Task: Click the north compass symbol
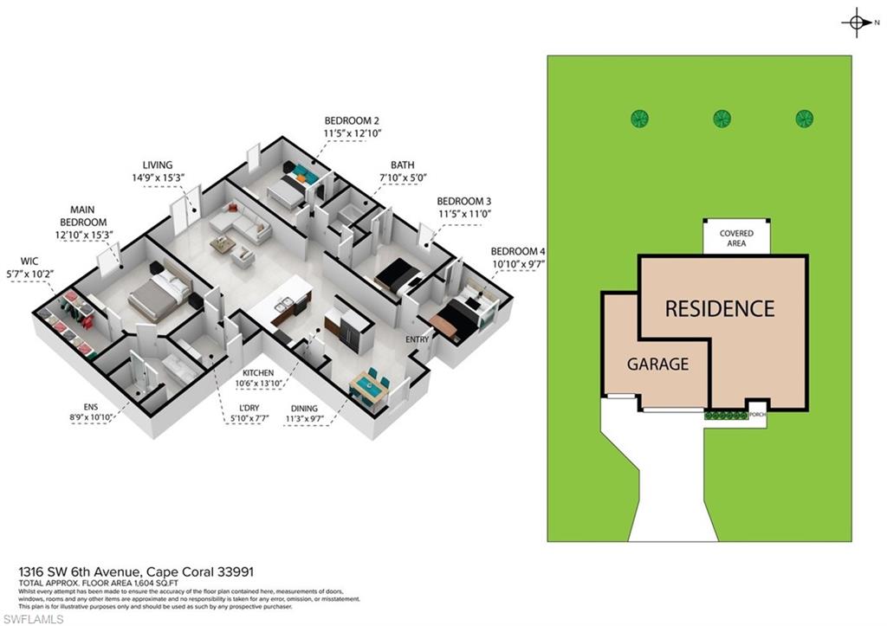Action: [855, 23]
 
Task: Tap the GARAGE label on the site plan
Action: [658, 364]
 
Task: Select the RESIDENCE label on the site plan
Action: [719, 308]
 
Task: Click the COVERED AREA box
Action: [736, 238]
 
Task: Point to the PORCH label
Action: [756, 414]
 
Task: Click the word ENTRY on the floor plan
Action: [418, 339]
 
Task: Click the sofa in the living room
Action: [243, 223]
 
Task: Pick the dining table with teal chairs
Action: [369, 387]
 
